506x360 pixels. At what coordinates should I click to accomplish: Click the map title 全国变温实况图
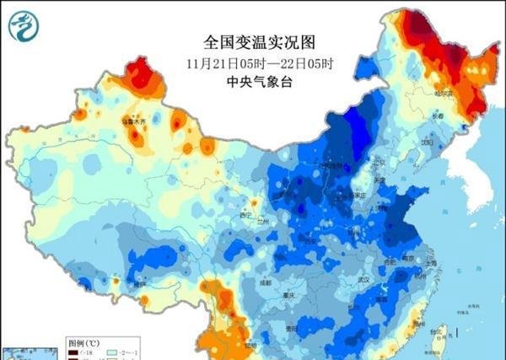point(250,41)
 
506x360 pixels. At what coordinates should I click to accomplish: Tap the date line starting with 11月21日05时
point(250,62)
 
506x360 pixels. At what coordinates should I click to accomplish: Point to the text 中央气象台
point(250,82)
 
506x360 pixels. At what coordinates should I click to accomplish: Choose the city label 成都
point(267,283)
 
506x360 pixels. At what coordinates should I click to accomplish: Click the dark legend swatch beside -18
point(73,355)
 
